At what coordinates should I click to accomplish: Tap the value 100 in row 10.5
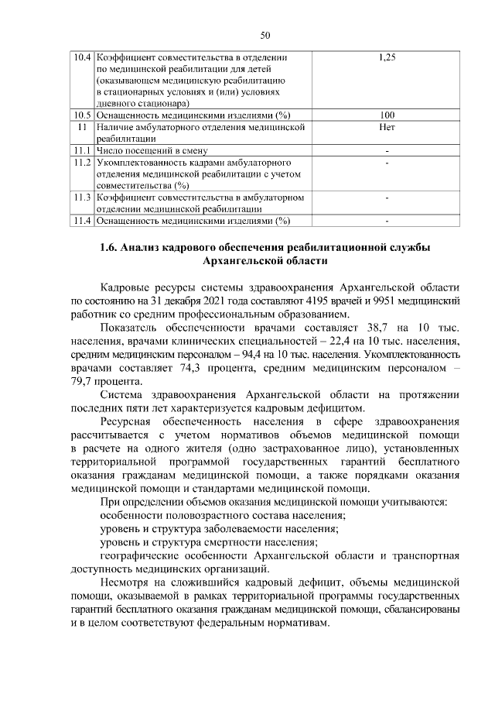[x=387, y=115]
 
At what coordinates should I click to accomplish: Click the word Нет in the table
[x=387, y=126]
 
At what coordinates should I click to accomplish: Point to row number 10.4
[x=82, y=58]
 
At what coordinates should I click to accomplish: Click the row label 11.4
[x=82, y=220]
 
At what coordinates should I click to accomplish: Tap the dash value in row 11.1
[x=387, y=150]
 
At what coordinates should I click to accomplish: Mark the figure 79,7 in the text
[x=84, y=381]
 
